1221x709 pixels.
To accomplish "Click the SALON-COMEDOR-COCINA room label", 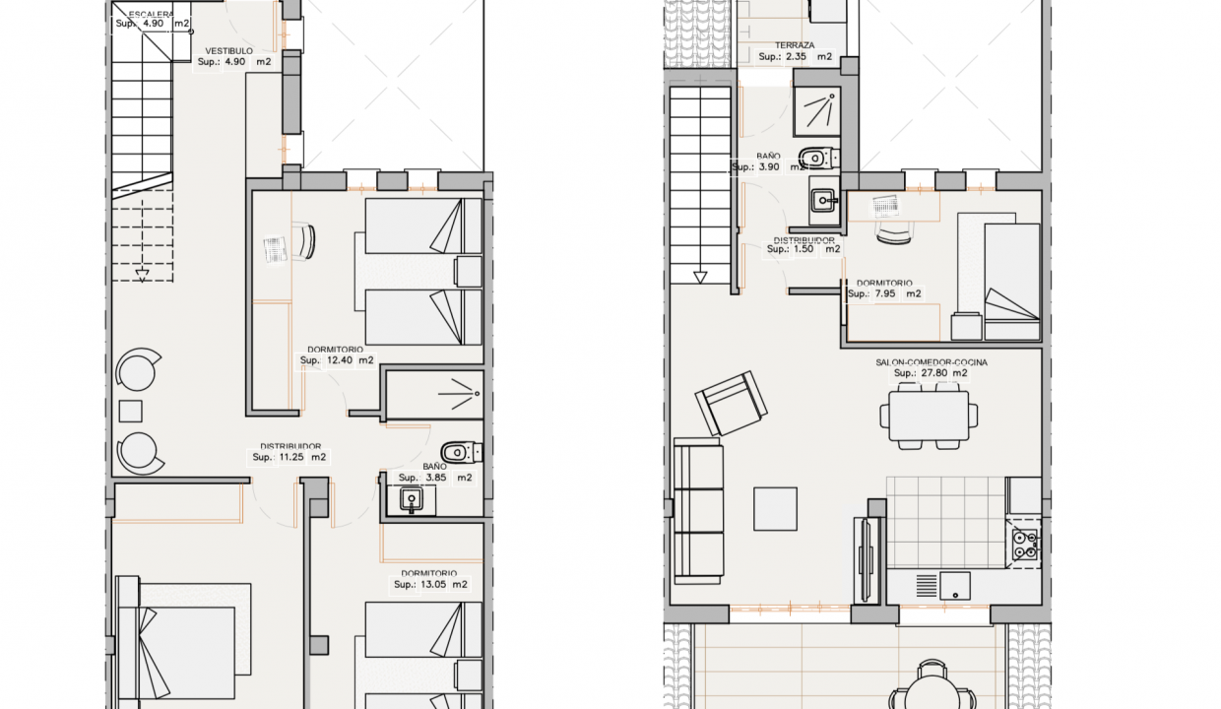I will (x=931, y=362).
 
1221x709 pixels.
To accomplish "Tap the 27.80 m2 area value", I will (x=931, y=374).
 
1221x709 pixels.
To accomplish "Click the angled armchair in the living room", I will (x=732, y=403).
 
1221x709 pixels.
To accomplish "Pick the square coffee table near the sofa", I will (x=775, y=509).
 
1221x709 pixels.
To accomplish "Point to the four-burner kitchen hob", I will (x=1025, y=545).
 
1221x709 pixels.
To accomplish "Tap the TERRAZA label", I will (x=795, y=45).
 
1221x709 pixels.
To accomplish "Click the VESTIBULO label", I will (x=228, y=50).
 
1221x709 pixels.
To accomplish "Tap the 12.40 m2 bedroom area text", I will (x=336, y=360).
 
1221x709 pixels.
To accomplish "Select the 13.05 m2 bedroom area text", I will (x=429, y=584).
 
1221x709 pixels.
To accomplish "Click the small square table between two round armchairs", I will (x=130, y=411).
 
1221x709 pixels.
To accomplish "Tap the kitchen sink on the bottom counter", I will (x=954, y=586).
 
